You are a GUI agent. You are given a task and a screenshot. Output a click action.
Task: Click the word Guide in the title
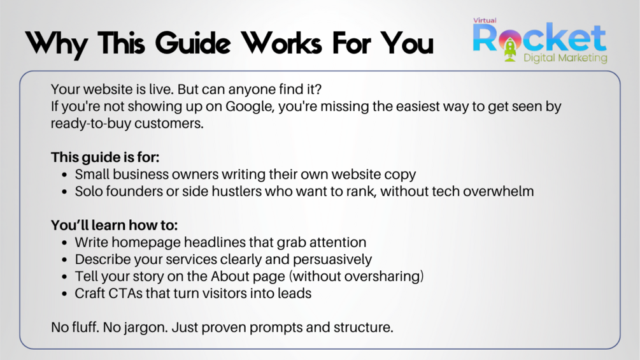(193, 43)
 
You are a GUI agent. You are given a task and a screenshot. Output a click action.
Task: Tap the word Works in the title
(281, 43)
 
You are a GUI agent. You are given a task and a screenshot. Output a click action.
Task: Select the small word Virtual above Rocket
(485, 20)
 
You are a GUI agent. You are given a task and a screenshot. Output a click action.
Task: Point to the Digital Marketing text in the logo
(565, 58)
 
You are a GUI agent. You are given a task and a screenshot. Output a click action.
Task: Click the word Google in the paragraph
(249, 107)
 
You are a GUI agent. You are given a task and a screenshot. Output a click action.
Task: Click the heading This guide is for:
(105, 157)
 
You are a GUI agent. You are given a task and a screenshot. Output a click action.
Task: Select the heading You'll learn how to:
(114, 225)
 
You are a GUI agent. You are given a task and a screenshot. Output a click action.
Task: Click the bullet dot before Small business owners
(64, 175)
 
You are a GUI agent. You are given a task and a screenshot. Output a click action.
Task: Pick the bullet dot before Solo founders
(64, 192)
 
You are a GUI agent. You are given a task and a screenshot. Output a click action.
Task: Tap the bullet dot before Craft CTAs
(64, 294)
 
